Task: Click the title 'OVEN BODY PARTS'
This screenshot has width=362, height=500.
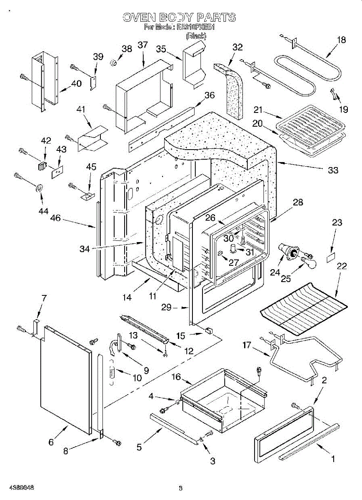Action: pos(179,17)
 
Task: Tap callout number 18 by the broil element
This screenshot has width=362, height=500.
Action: pos(341,40)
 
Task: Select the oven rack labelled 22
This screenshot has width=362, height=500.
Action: pos(304,309)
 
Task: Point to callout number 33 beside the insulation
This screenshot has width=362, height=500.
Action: pos(332,170)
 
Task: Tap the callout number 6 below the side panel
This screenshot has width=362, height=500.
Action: pos(51,442)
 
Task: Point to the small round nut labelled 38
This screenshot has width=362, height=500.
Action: pos(112,62)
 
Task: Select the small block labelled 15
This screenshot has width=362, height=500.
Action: pos(207,330)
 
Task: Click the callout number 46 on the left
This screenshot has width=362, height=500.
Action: pos(55,218)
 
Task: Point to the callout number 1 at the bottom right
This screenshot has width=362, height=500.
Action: pos(332,459)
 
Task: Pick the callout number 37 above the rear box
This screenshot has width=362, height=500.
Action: pos(142,45)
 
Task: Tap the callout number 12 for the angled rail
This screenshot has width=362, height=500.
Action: pos(189,351)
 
